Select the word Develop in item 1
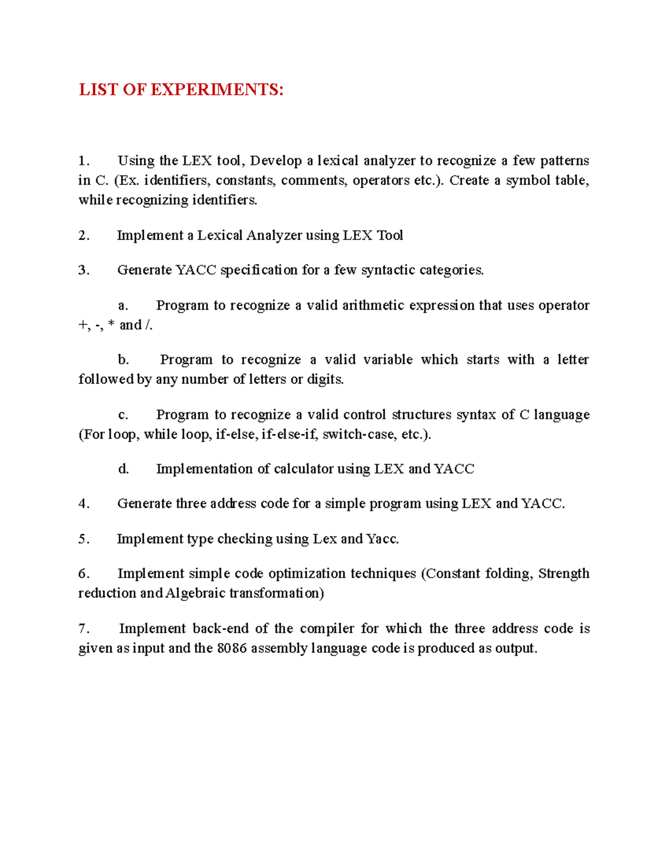pos(275,161)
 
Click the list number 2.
pos(83,236)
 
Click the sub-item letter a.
pos(123,306)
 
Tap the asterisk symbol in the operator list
pos(111,325)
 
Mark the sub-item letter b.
pos(123,360)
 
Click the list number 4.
pos(83,504)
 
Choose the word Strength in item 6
pos(564,574)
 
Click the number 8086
pos(232,648)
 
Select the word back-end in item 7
pos(220,629)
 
